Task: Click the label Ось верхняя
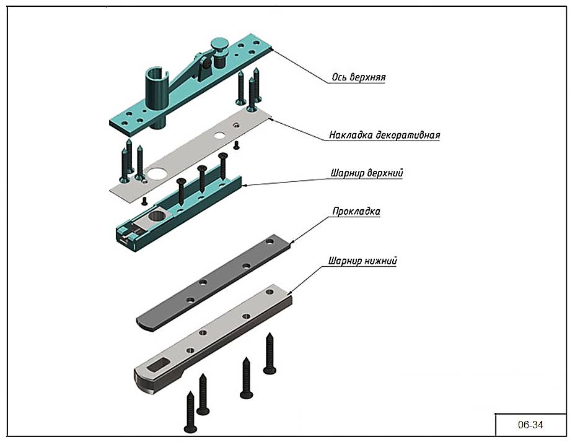(358, 78)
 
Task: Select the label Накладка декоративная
(384, 135)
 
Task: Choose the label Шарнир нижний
(362, 261)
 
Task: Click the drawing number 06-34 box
(530, 425)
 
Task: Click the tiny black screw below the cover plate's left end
(144, 201)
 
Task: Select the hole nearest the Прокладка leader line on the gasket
(270, 243)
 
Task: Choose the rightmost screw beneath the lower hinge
(270, 353)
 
